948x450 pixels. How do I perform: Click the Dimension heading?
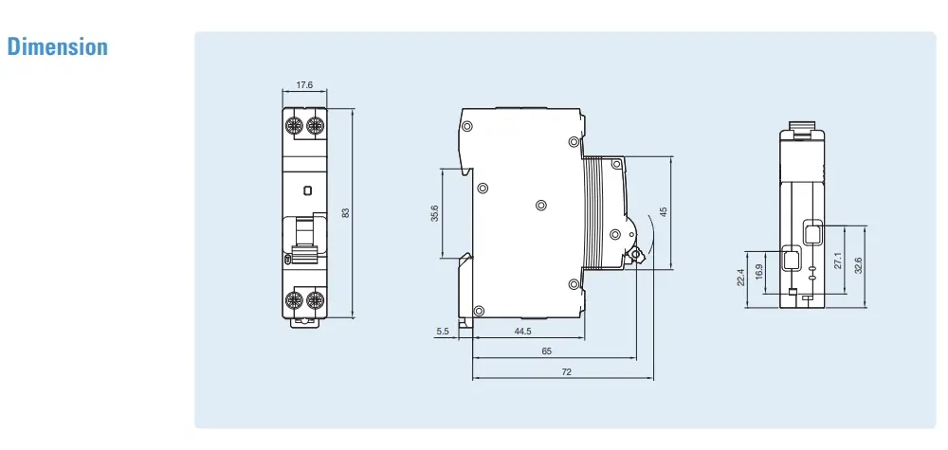pyautogui.click(x=58, y=47)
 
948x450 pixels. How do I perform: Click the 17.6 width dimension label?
pyautogui.click(x=304, y=84)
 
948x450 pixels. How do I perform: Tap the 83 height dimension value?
pyautogui.click(x=346, y=213)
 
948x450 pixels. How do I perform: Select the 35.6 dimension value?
pyautogui.click(x=435, y=213)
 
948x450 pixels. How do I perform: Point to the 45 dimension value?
pyautogui.click(x=664, y=212)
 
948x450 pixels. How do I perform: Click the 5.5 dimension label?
pyautogui.click(x=443, y=331)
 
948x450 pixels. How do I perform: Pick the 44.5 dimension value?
pyautogui.click(x=522, y=331)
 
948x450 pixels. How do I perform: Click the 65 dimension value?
pyautogui.click(x=547, y=351)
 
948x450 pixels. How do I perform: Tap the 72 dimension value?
pyautogui.click(x=566, y=372)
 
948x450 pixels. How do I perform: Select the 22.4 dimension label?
pyautogui.click(x=740, y=278)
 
